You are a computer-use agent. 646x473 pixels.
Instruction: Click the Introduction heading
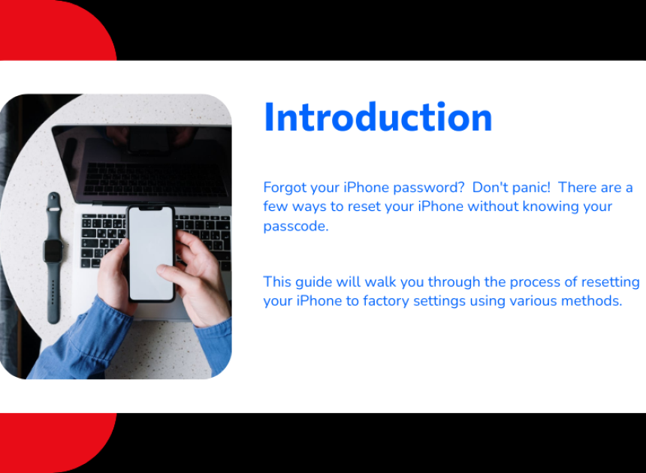(x=378, y=117)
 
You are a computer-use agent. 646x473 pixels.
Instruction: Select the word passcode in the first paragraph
(x=294, y=226)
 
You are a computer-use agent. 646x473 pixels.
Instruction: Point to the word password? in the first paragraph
(x=428, y=188)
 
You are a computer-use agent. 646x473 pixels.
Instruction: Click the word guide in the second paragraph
(x=314, y=282)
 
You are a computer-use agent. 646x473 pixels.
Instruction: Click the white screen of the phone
(x=151, y=254)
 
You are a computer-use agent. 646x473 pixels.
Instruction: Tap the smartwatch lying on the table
(x=53, y=257)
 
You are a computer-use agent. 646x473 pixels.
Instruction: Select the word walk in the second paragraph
(x=380, y=282)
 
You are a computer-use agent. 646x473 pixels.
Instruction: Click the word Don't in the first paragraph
(x=489, y=188)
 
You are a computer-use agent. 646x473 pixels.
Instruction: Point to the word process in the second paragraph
(x=535, y=282)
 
